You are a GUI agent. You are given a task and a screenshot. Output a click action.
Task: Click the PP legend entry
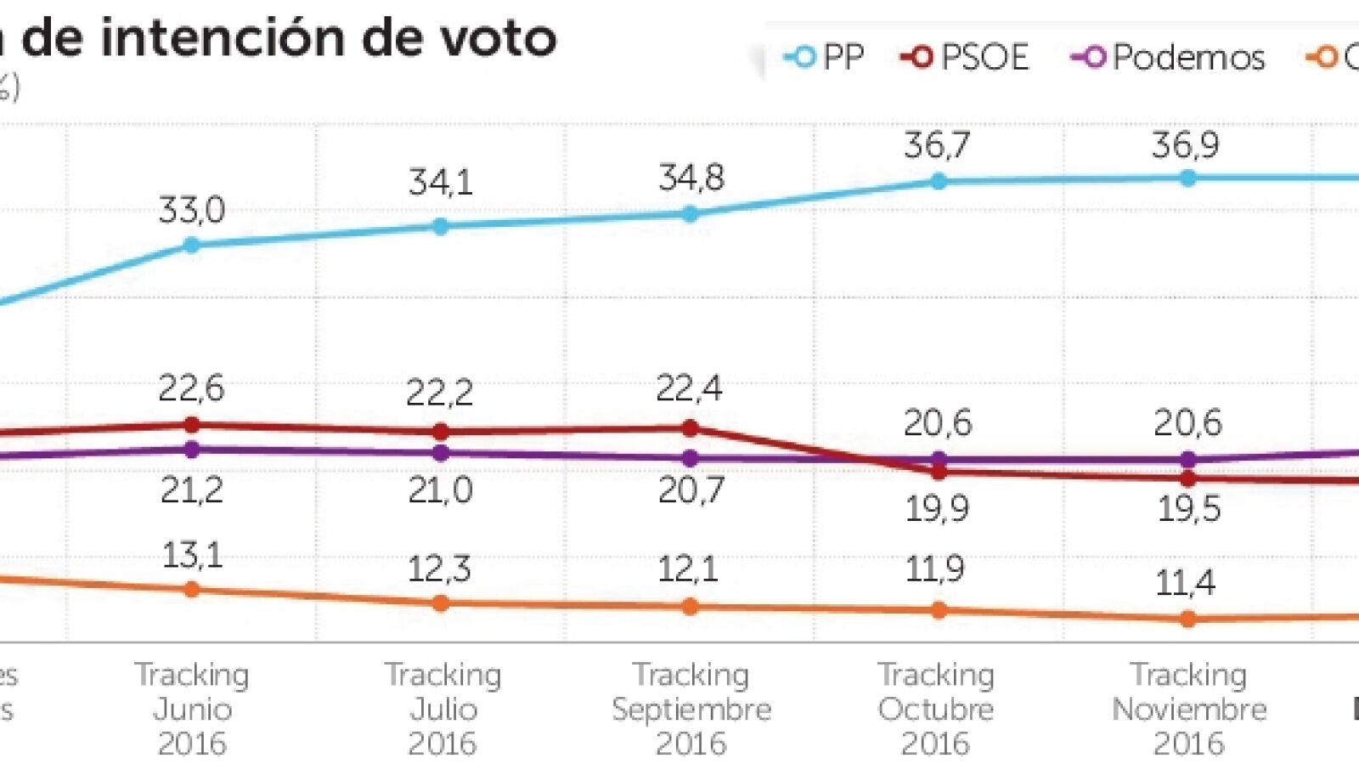pyautogui.click(x=824, y=58)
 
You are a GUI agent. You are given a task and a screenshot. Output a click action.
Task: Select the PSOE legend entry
pyautogui.click(x=965, y=58)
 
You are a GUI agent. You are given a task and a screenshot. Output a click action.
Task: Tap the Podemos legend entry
pyautogui.click(x=1169, y=58)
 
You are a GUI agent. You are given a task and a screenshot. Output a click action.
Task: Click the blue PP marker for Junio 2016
pyautogui.click(x=192, y=246)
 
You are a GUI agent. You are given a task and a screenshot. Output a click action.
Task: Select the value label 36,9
pyautogui.click(x=1186, y=146)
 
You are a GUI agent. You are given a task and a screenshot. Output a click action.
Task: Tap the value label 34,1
pyautogui.click(x=440, y=183)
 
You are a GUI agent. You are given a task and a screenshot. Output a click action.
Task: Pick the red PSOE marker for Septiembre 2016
pyautogui.click(x=691, y=428)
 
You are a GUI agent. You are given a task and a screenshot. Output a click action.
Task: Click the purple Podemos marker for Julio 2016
pyautogui.click(x=441, y=453)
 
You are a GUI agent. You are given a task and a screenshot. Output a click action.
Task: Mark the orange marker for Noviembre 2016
pyautogui.click(x=1188, y=620)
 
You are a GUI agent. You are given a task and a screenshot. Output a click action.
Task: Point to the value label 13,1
pyautogui.click(x=192, y=556)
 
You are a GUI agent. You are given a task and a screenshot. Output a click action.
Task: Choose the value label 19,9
pyautogui.click(x=938, y=509)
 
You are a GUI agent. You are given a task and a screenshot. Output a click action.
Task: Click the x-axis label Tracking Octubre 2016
pyautogui.click(x=936, y=709)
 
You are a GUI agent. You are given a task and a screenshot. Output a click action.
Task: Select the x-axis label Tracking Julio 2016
pyautogui.click(x=443, y=709)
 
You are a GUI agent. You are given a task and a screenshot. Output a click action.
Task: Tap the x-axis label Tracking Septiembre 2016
pyautogui.click(x=691, y=709)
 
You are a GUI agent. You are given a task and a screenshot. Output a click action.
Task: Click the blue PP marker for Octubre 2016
pyautogui.click(x=939, y=181)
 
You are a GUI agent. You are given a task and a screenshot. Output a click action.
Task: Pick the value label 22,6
pyautogui.click(x=192, y=389)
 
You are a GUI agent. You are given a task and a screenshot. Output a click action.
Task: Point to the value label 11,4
pyautogui.click(x=1186, y=583)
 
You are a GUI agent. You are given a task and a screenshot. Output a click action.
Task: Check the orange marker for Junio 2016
pyautogui.click(x=192, y=590)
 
